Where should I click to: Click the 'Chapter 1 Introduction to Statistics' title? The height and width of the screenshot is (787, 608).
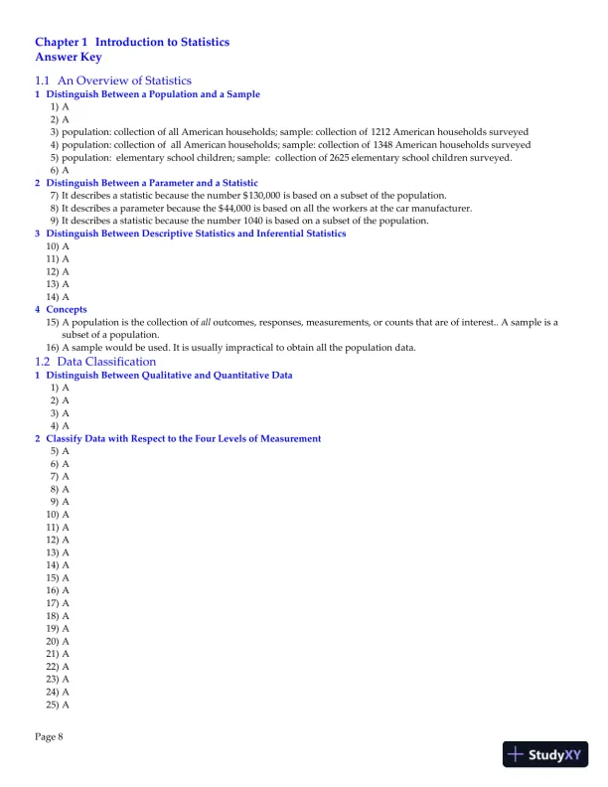[132, 43]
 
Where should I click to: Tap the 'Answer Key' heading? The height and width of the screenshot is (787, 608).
[69, 57]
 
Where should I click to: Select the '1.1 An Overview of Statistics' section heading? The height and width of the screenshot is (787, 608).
[113, 80]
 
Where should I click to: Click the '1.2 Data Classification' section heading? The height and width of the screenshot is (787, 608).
[95, 362]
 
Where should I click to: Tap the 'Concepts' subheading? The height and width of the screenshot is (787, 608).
[67, 309]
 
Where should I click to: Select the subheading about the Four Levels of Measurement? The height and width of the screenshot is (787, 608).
[184, 438]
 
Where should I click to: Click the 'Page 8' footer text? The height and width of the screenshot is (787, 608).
[49, 736]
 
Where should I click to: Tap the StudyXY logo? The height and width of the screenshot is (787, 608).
[545, 754]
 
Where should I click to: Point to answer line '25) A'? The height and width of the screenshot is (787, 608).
[58, 705]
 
